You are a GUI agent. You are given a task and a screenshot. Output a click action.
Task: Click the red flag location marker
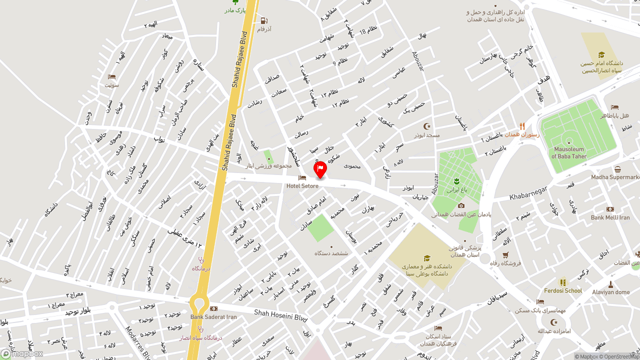click(x=320, y=169)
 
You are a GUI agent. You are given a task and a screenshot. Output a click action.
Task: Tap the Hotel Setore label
click(x=302, y=186)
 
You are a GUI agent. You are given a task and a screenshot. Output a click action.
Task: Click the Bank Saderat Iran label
click(x=213, y=317)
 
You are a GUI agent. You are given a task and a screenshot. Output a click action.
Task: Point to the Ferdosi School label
click(x=563, y=290)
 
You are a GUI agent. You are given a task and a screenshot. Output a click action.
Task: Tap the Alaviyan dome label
click(x=610, y=292)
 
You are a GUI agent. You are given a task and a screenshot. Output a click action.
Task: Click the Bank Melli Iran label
click(x=610, y=217)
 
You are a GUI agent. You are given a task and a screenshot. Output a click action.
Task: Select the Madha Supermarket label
click(x=615, y=177)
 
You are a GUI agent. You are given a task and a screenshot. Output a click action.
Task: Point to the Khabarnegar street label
click(x=528, y=192)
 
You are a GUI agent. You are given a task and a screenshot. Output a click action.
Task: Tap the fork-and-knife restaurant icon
click(x=522, y=126)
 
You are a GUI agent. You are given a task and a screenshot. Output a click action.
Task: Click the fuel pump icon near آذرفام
click(x=263, y=21)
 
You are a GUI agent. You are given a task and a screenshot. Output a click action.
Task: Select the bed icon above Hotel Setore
click(x=302, y=178)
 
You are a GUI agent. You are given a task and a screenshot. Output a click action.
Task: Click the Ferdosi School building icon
click(x=563, y=282)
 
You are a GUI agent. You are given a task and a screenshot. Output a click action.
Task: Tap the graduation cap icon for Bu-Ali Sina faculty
click(x=427, y=258)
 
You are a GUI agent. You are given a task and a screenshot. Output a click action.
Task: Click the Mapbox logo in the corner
click(x=22, y=353)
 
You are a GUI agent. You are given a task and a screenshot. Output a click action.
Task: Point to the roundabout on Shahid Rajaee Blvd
click(x=199, y=303)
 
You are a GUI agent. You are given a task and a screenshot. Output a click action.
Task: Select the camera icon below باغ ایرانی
click(x=461, y=205)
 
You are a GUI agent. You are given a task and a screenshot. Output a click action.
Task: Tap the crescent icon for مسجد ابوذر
click(x=427, y=126)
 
